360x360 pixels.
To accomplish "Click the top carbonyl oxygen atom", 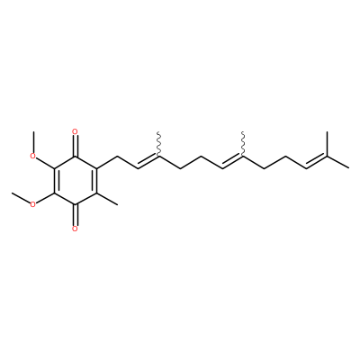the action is point(75,131).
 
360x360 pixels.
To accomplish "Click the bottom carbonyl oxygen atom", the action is point(75,229).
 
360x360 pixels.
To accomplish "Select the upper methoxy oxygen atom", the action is point(33,156).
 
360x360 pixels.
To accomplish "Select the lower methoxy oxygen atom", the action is point(33,204).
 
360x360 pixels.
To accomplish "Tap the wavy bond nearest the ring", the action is point(158,143).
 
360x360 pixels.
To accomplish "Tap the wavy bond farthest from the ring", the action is point(243,143).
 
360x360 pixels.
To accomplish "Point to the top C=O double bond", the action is point(75,146).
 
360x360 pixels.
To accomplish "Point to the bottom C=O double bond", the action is point(75,215).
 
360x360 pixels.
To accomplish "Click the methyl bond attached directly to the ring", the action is point(107,199).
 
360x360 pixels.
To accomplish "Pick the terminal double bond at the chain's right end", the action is point(317,162).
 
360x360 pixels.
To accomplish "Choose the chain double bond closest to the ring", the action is point(148,162).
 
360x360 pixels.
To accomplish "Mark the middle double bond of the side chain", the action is point(232,162).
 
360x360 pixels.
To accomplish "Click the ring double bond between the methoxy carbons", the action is point(56,180).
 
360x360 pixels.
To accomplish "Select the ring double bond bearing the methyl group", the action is point(96,180).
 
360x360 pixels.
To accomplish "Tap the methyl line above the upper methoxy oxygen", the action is point(33,141).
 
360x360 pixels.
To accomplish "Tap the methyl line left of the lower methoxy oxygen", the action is point(21,198).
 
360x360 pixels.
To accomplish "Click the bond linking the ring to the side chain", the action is point(106,162).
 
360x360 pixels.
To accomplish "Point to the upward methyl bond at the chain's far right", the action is point(327,144).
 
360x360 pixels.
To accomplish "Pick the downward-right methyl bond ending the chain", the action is point(338,162).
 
